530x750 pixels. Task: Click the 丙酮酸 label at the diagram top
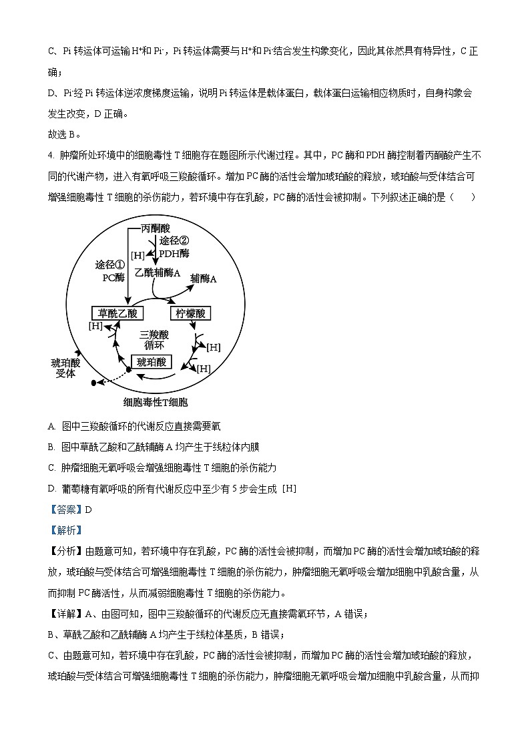156,228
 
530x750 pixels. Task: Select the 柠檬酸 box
190,313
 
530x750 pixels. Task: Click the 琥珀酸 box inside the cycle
152,362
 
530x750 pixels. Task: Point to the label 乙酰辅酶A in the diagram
158,272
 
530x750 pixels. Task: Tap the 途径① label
110,265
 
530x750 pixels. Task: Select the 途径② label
174,241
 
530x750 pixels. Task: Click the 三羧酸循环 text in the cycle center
154,339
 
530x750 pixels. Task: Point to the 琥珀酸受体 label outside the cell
65,368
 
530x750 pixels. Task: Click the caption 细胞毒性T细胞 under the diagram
156,402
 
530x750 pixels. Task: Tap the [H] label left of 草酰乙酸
95,325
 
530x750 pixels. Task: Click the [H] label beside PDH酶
138,255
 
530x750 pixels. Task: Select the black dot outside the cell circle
94,383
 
